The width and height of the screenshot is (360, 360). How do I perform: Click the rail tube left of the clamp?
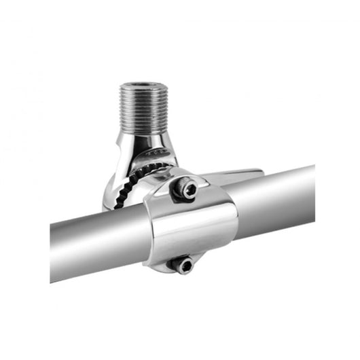[95, 245]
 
